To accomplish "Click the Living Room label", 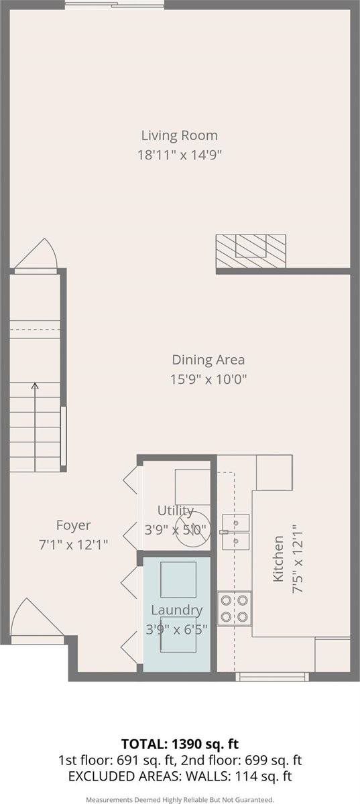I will (x=179, y=135).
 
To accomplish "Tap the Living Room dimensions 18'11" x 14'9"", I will (x=179, y=154).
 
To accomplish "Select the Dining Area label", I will (x=208, y=360).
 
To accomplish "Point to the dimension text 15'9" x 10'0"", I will (x=208, y=379).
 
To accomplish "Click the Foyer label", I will (x=73, y=525).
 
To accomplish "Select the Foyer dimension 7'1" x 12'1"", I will (x=73, y=544).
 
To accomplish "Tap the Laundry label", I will (x=176, y=610).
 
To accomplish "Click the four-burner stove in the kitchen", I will (x=234, y=608).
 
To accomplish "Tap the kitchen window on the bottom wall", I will (x=275, y=677).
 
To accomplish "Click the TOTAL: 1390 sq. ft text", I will (x=180, y=744).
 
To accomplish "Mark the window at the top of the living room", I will (x=114, y=6).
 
